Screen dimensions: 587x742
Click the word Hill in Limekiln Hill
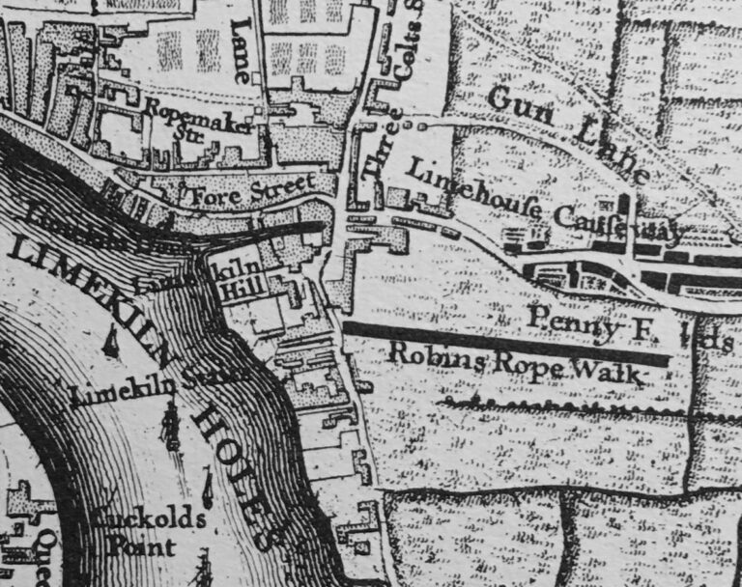coord(232,289)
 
